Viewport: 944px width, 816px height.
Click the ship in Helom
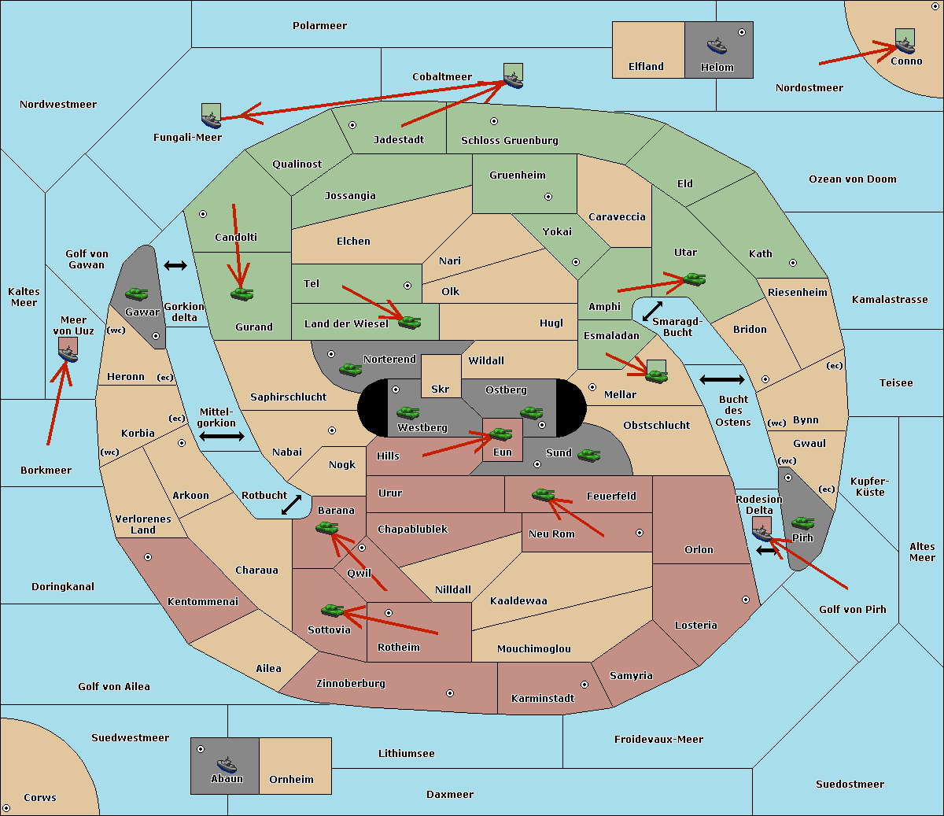coord(717,46)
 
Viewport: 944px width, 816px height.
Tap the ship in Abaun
coord(227,764)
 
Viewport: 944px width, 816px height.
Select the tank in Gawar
coord(137,294)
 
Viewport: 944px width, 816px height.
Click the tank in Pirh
coord(802,522)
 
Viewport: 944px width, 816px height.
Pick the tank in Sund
coord(588,455)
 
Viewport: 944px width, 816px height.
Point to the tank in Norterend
coord(350,369)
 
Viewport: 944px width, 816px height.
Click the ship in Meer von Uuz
coord(68,354)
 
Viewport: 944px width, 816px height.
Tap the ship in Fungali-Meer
coord(211,120)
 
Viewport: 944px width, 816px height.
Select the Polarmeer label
coord(319,26)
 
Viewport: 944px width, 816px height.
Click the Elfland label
coord(646,67)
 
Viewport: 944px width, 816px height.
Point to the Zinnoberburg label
coord(351,684)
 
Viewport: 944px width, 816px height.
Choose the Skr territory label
coord(441,389)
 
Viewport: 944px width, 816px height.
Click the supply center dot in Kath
coord(793,263)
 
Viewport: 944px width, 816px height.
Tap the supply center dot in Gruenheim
coord(548,197)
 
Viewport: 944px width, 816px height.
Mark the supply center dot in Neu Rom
coord(640,533)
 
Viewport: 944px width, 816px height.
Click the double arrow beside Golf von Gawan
coord(175,265)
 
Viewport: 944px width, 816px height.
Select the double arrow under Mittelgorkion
coord(222,436)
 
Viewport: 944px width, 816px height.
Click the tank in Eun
coord(500,434)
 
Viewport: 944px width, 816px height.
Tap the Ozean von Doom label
coord(853,179)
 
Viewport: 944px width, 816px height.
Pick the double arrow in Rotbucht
coord(291,504)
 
